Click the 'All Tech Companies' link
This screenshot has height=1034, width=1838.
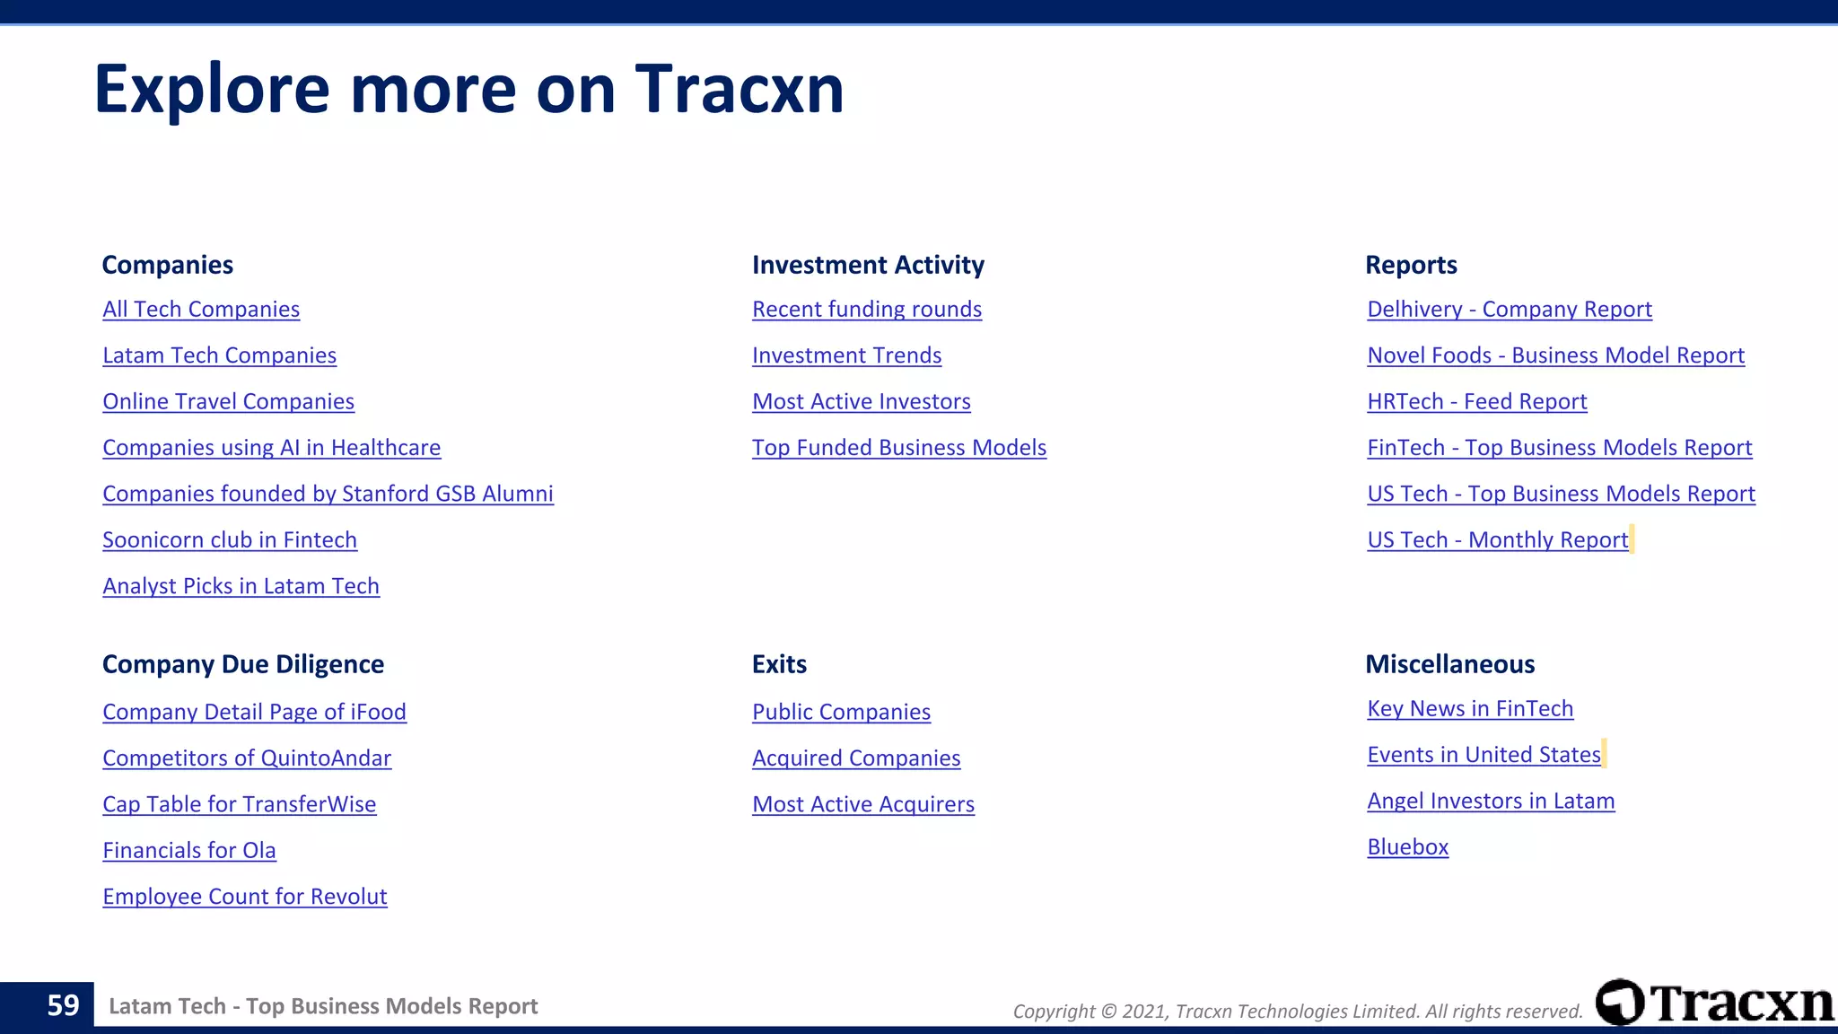[x=201, y=310]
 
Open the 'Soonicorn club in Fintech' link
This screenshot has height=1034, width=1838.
[x=230, y=540]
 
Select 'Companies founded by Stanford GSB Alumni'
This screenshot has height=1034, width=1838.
[x=328, y=495]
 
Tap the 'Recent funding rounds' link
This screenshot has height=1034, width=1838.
[x=867, y=310]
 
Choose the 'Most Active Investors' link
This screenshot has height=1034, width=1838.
[x=862, y=402]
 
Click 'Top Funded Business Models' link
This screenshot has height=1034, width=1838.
[x=899, y=448]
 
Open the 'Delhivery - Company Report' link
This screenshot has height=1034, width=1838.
[x=1510, y=310]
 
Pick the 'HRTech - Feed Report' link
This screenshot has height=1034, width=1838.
[x=1477, y=402]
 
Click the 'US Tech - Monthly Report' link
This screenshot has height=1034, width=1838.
[x=1498, y=540]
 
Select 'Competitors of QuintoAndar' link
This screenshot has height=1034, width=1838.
[x=247, y=758]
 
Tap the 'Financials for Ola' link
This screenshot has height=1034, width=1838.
[x=189, y=851]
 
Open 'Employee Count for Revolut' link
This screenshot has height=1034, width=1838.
[x=245, y=897]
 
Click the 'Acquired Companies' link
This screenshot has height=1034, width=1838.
[x=856, y=758]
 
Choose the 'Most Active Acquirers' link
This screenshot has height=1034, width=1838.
[x=863, y=805]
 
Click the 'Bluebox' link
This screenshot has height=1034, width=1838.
[x=1408, y=847]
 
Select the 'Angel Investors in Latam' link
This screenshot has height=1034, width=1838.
[x=1491, y=802]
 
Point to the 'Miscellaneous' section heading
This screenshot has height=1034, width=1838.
[x=1450, y=664]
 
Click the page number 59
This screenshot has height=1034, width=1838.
[x=63, y=1005]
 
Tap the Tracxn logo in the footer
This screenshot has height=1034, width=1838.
[x=1715, y=1003]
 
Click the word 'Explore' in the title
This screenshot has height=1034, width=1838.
[x=212, y=90]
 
